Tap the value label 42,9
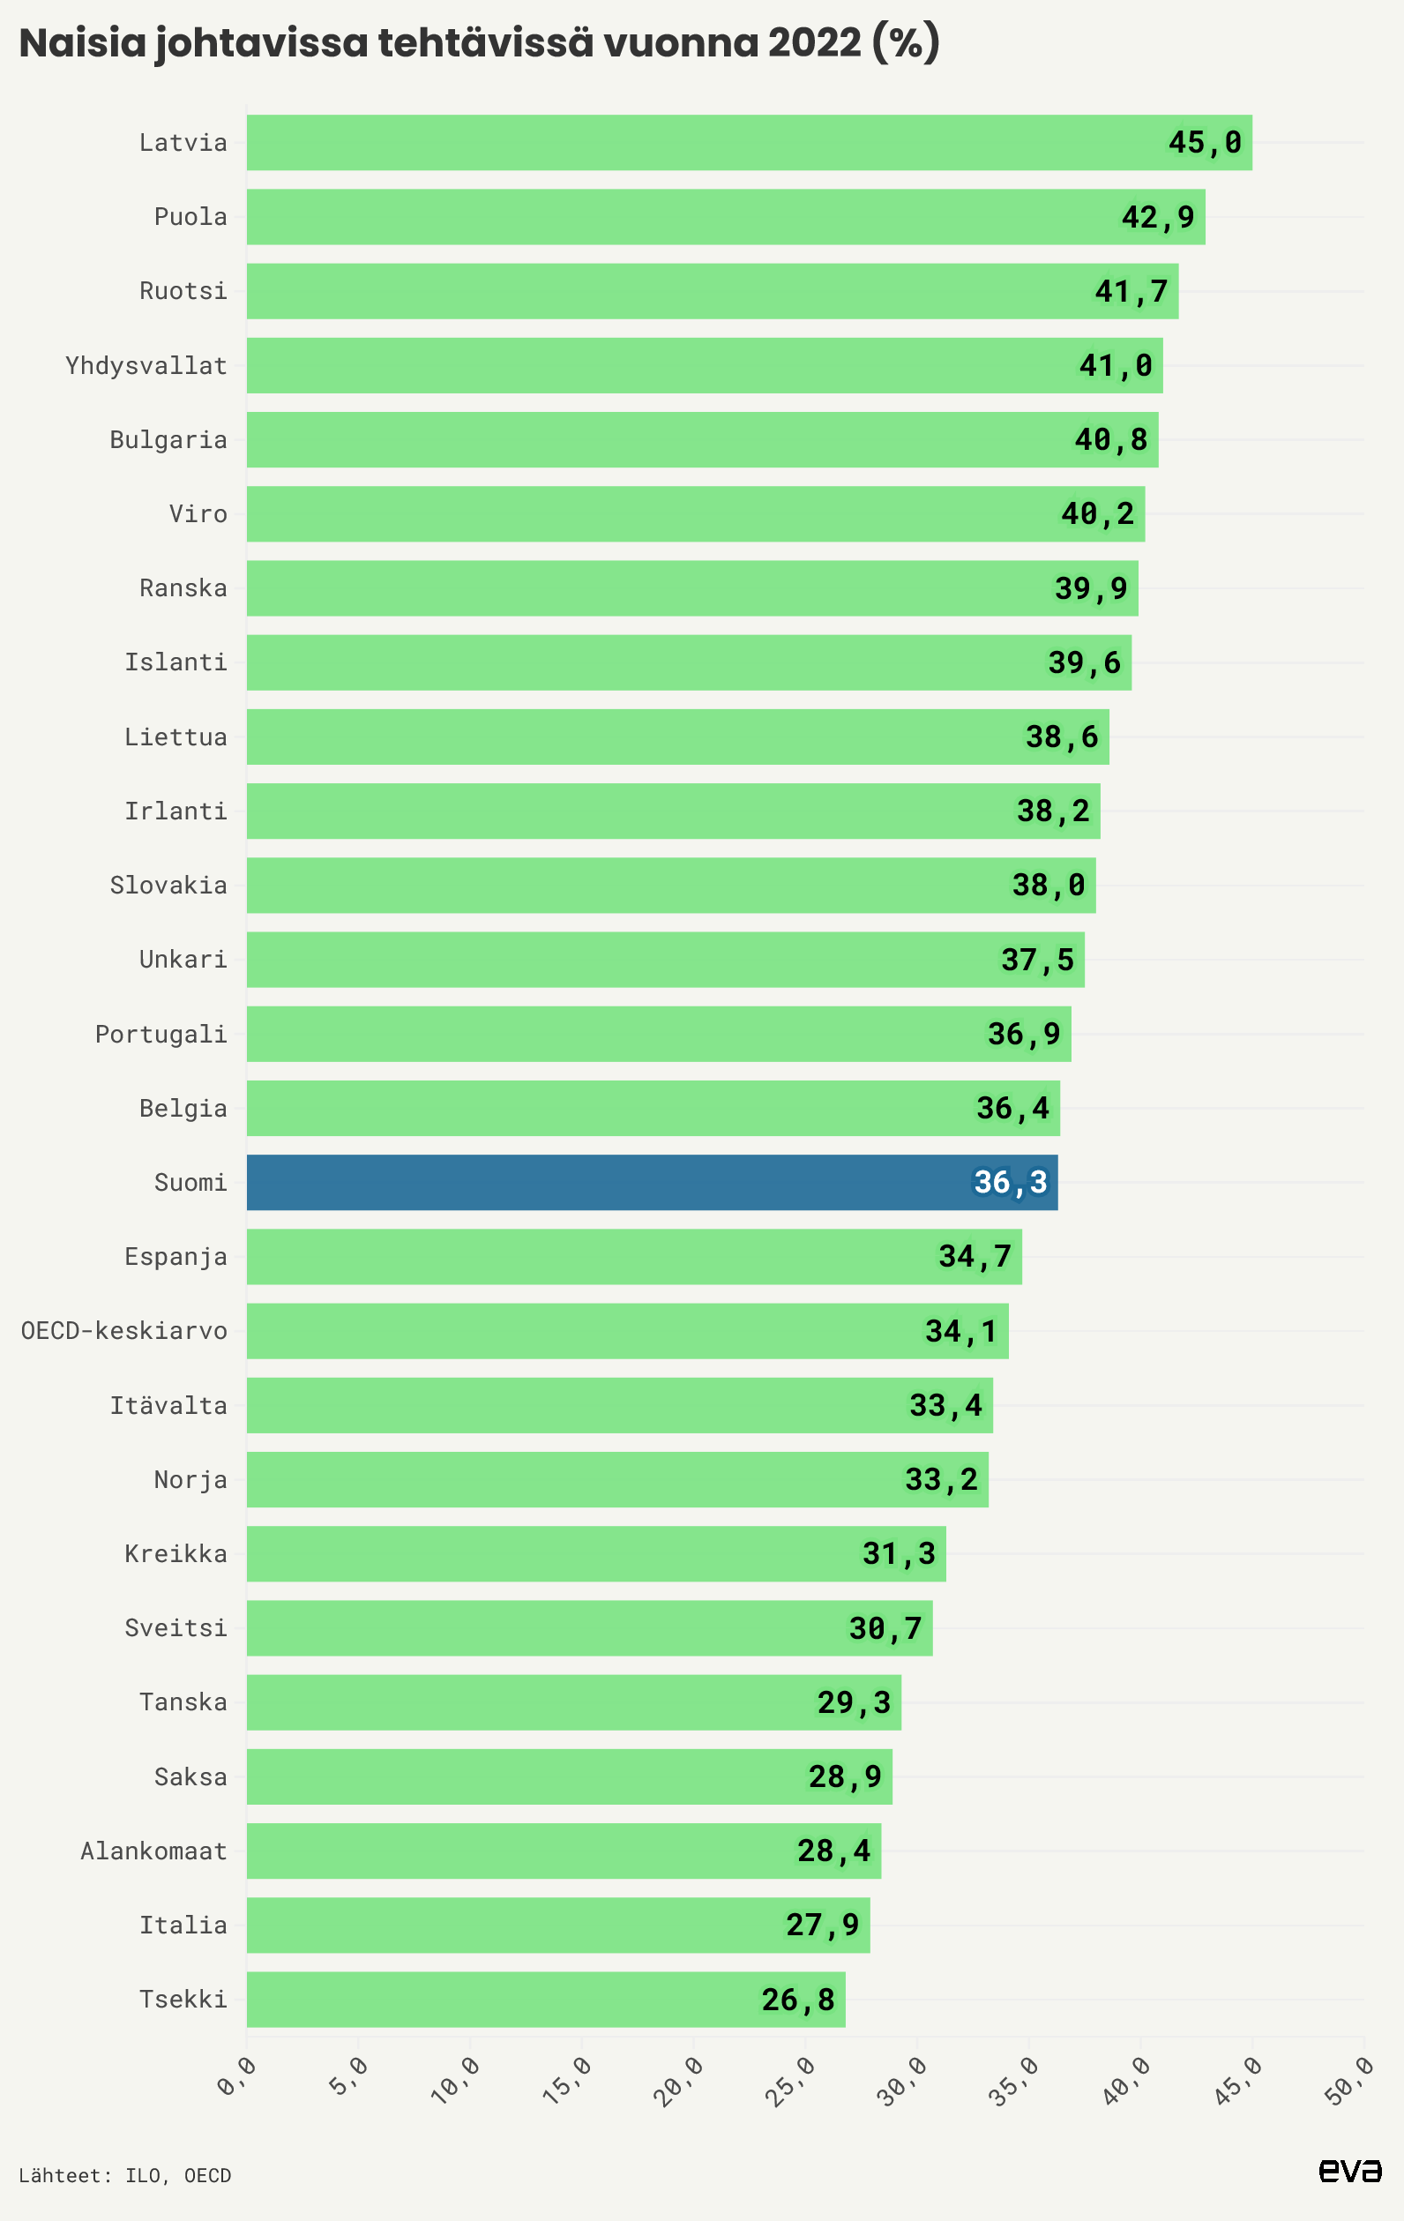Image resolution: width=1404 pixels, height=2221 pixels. pos(1158,217)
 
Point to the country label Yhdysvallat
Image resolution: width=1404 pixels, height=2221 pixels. pos(146,365)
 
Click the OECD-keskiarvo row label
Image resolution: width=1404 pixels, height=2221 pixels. pos(123,1330)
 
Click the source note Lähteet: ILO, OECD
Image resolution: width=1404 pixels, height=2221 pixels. pos(124,2175)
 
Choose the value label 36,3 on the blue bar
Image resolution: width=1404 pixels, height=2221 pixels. pos(1010,1182)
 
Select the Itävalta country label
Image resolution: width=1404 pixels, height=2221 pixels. pos(168,1405)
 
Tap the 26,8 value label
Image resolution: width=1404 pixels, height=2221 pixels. pos(798,1999)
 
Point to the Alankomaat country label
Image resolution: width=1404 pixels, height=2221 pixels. pos(153,1851)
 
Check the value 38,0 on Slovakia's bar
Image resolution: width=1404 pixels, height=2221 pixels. pos(1048,885)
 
